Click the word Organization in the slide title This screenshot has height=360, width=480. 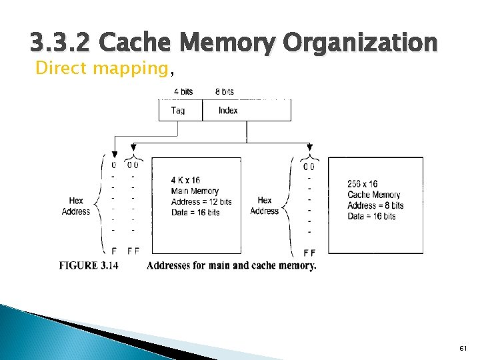(360, 44)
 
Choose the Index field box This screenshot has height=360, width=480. (247, 111)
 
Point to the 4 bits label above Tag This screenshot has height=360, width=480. (185, 91)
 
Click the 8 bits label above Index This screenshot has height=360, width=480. (225, 91)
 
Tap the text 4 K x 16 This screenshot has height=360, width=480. (186, 181)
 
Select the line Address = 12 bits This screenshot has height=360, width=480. (201, 202)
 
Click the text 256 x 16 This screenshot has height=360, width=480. (363, 184)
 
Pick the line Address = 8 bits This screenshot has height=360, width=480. (375, 205)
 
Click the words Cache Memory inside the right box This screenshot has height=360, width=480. (373, 195)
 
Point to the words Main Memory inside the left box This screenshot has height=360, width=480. (195, 191)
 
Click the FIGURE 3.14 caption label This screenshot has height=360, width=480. (89, 265)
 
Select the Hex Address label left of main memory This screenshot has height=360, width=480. (76, 206)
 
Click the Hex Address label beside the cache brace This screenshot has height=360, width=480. (265, 205)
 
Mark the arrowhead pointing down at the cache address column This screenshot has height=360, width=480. (309, 148)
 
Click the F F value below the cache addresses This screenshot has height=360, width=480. (309, 253)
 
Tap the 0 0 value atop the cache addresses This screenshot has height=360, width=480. (309, 166)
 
